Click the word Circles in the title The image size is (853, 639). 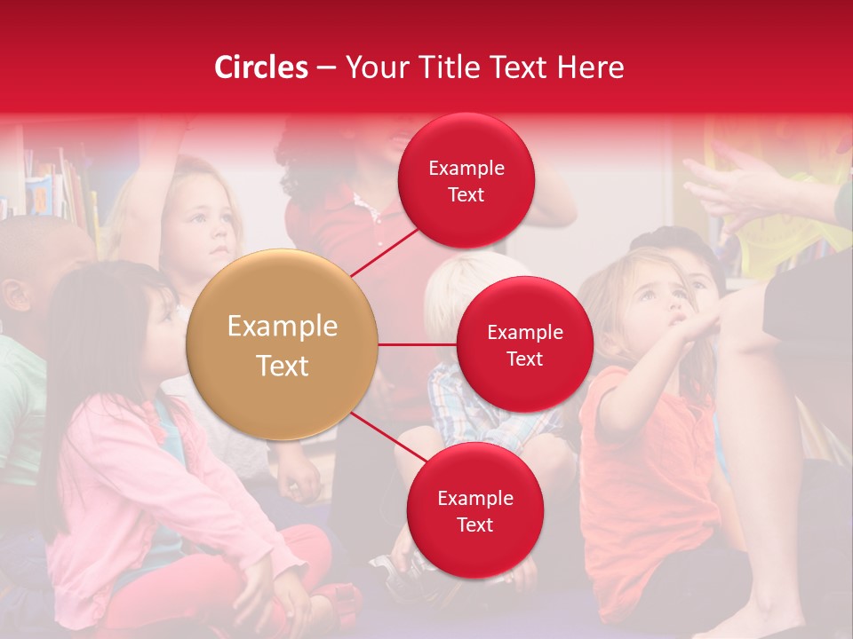click(x=260, y=67)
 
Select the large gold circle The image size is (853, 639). click(x=282, y=345)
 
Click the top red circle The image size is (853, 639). click(x=466, y=181)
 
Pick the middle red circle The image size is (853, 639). click(x=524, y=345)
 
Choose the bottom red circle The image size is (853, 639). click(x=474, y=511)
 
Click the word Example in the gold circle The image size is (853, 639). click(x=282, y=327)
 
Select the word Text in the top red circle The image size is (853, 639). click(x=466, y=195)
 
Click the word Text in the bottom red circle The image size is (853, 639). click(x=474, y=525)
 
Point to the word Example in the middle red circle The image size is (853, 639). click(x=524, y=332)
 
